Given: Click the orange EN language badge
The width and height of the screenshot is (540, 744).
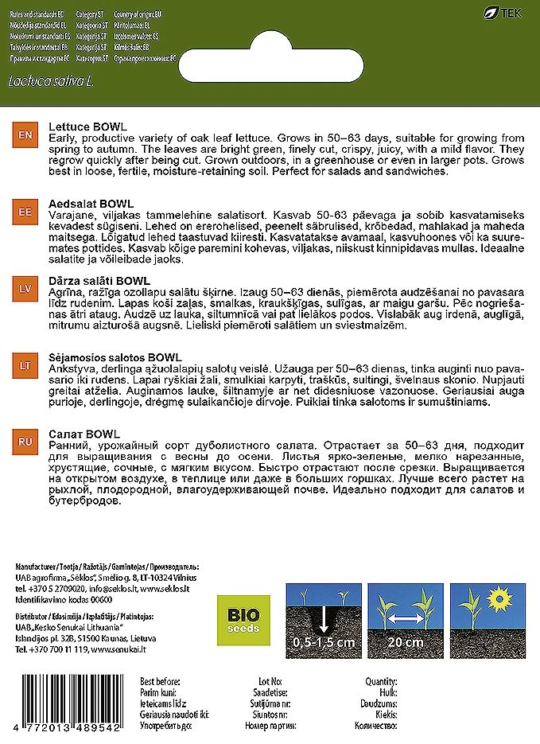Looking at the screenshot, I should [x=25, y=137].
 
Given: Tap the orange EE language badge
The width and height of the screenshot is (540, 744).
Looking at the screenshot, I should [x=25, y=214].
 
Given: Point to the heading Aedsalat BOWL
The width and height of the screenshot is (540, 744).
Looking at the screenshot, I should [x=90, y=204].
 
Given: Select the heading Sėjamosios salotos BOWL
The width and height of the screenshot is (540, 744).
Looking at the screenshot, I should [x=115, y=356].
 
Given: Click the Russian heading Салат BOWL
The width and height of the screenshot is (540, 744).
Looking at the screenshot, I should [x=84, y=434].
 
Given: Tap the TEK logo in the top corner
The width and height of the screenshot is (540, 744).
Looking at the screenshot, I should [x=507, y=14].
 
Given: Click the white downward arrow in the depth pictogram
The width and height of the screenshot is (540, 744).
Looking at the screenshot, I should [x=324, y=620].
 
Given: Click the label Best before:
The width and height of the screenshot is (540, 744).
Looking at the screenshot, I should [x=160, y=682].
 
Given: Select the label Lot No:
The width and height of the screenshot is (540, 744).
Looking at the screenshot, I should [x=270, y=682].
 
